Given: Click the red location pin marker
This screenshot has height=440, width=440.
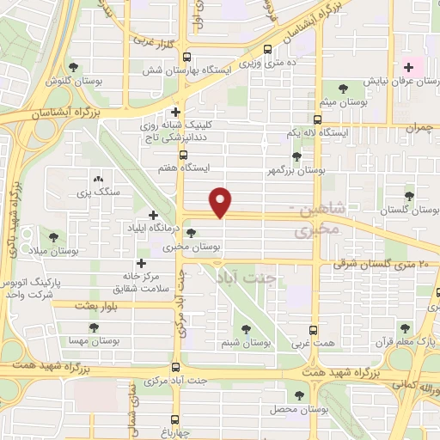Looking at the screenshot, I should click(x=223, y=201).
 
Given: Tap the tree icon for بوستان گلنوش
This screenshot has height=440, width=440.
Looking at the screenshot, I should click(x=73, y=66).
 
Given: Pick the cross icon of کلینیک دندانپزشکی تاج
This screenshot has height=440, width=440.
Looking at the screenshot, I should click(x=175, y=112).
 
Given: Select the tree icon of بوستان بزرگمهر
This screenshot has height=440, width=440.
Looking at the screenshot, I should click(x=296, y=156).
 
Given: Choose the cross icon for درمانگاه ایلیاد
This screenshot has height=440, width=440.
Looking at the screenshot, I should click(x=153, y=215).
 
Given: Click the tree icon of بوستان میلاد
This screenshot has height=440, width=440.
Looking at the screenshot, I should click(x=54, y=236).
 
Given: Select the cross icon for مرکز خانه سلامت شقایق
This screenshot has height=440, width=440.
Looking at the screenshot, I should click(x=141, y=264).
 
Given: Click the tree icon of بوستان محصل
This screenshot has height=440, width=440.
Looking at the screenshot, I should click(x=299, y=395).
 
